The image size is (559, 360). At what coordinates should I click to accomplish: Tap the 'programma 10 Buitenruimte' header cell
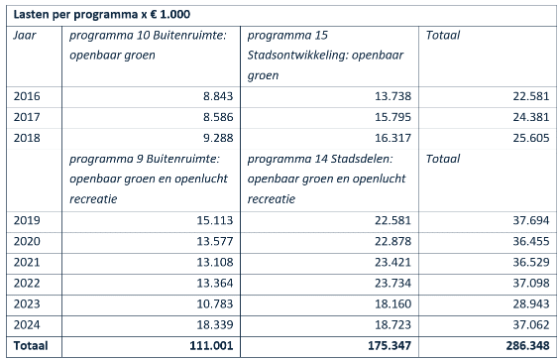pos(147,45)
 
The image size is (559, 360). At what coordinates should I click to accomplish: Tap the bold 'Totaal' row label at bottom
pos(32,346)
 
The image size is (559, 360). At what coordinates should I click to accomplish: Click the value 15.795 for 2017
pos(388,116)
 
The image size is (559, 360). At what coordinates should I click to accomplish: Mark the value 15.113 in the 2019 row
pos(210,221)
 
